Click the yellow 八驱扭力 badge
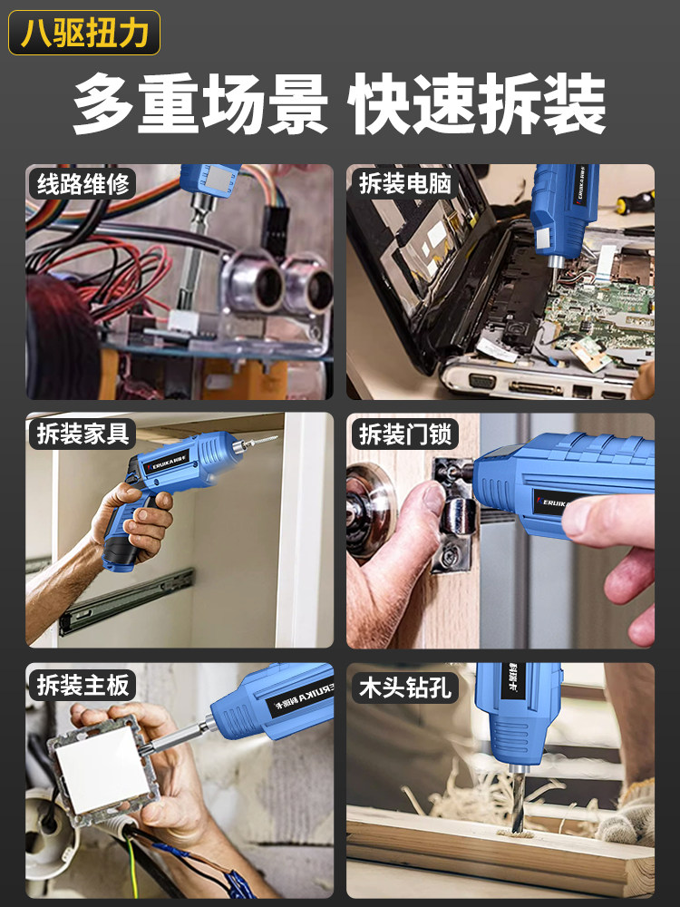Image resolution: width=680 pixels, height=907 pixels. click(84, 33)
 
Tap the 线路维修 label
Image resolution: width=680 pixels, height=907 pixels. click(83, 184)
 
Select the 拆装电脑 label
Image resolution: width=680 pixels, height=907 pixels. click(404, 184)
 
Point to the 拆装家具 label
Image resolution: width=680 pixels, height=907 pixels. click(83, 434)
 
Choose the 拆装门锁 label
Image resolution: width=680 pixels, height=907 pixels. click(404, 434)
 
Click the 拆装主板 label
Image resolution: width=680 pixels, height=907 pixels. click(83, 685)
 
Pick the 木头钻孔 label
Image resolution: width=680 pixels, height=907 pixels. click(404, 688)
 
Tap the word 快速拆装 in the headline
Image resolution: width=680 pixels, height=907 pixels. click(477, 104)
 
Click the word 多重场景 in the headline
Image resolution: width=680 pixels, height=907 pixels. click(200, 104)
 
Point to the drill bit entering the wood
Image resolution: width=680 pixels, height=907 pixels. click(519, 801)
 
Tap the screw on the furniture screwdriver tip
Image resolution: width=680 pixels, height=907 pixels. click(257, 444)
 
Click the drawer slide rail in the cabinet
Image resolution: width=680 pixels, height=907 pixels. click(126, 601)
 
